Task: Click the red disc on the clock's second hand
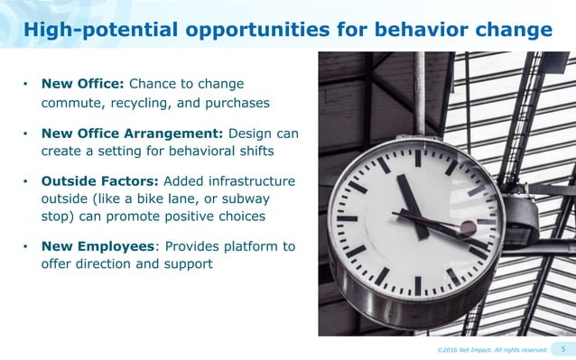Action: tap(468, 227)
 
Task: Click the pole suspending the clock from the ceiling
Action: tap(420, 90)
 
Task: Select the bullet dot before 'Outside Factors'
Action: tap(26, 182)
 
